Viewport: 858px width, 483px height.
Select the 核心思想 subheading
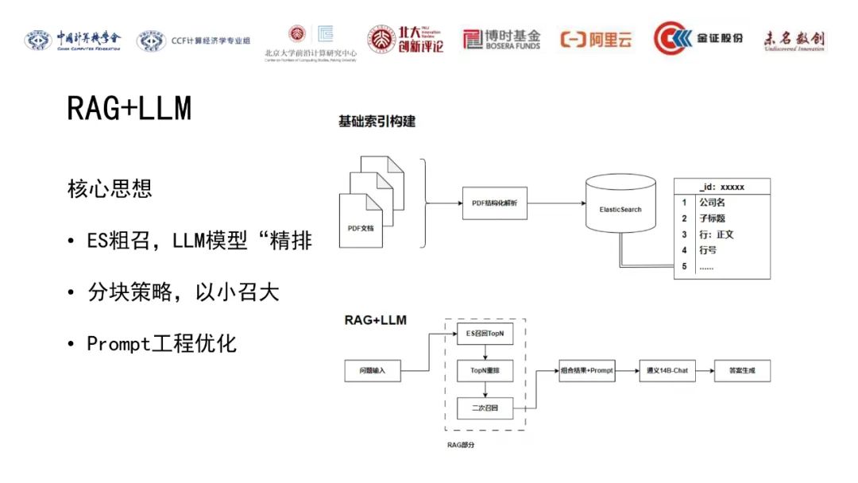(110, 189)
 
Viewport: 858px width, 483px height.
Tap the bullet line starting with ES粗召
(199, 241)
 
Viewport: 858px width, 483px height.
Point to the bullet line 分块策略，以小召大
(184, 292)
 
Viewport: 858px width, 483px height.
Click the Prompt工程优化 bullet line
(162, 344)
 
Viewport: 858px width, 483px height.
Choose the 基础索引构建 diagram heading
(377, 122)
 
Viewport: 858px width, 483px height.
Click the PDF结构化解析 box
(494, 203)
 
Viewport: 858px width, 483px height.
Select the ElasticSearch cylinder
(620, 209)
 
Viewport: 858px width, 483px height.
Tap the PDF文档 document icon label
(361, 228)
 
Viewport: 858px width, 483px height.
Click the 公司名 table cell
(712, 203)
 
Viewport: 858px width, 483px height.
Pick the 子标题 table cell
(712, 218)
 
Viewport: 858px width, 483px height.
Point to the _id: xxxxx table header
(721, 187)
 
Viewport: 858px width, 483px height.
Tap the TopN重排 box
(485, 370)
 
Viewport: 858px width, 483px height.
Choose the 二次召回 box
(485, 409)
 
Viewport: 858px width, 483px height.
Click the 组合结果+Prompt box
(587, 370)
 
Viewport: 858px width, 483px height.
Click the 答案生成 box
(741, 370)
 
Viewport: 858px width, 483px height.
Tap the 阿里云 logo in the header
(596, 40)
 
